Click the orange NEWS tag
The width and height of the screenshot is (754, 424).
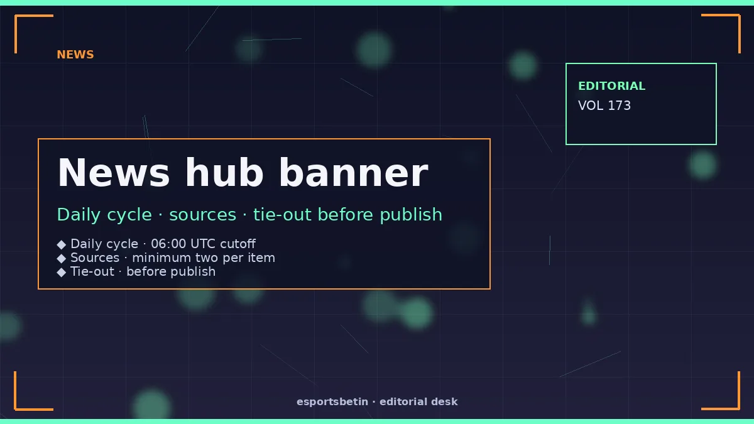point(75,55)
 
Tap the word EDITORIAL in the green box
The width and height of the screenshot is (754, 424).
point(611,86)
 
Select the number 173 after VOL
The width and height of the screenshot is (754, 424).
point(620,106)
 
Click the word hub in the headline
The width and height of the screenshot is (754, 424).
point(224,173)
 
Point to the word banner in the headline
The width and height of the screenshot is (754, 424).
point(353,173)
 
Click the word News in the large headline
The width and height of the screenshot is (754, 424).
point(114,173)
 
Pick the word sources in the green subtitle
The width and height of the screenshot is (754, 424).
point(202,215)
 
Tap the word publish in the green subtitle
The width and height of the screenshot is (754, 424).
point(411,214)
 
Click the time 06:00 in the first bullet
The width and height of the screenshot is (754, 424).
point(168,244)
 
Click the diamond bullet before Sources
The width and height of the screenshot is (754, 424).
point(62,258)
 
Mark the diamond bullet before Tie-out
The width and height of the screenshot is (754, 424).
point(62,272)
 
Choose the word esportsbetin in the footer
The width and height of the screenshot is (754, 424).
point(332,402)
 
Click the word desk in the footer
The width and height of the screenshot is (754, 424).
point(445,401)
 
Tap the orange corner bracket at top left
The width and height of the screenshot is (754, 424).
point(16,16)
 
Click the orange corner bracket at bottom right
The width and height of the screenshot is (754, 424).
point(738,408)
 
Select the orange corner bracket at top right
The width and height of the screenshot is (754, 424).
point(738,16)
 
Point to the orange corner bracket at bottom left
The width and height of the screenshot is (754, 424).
point(16,408)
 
